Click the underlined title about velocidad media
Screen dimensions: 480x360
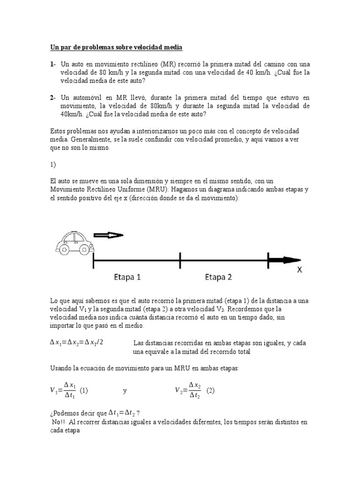click(116, 47)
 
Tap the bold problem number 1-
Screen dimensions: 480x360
click(53, 64)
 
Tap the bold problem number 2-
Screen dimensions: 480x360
click(53, 97)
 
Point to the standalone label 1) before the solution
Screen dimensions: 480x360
click(53, 165)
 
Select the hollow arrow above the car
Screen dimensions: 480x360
click(108, 235)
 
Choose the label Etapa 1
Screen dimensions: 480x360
click(127, 277)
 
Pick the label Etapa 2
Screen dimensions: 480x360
click(218, 277)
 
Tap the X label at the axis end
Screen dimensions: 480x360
click(300, 270)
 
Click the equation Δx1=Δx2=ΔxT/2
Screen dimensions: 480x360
click(76, 342)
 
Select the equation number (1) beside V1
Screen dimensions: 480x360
click(84, 390)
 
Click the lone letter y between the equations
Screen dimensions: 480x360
click(125, 390)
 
